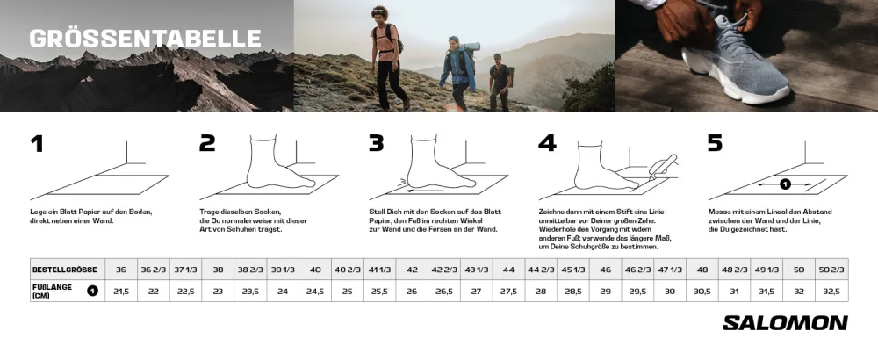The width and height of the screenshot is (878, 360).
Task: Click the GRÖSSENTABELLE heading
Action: [x=145, y=38]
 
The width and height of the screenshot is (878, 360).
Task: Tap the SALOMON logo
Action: [x=784, y=323]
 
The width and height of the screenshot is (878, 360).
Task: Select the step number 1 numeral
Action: [x=37, y=143]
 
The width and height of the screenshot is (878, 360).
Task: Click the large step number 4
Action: [x=546, y=143]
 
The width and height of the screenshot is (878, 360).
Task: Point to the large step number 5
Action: [x=715, y=143]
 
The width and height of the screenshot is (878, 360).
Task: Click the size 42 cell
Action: [x=412, y=270]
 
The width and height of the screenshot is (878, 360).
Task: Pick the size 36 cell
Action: [x=121, y=270]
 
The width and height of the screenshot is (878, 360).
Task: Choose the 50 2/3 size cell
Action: [x=831, y=270]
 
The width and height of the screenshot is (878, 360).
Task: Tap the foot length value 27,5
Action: [x=508, y=292]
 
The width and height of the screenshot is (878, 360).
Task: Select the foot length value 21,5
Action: [x=121, y=292]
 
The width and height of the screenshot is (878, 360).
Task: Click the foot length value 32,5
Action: [x=831, y=292]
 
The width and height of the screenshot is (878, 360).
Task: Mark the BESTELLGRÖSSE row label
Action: [x=64, y=270]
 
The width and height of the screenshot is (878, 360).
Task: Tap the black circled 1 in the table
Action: [x=92, y=291]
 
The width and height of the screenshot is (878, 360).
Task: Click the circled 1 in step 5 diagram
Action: [x=785, y=184]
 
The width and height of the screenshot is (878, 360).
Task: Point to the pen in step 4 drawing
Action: [x=664, y=166]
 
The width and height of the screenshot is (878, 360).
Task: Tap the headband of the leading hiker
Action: [x=379, y=11]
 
